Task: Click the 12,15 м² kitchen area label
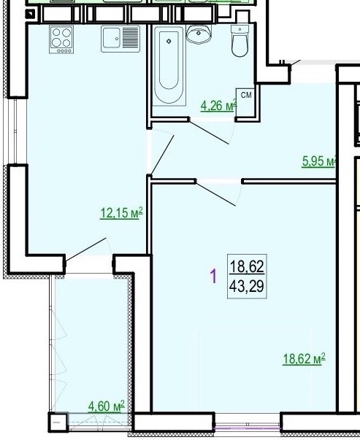[121, 213]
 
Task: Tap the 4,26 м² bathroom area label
[219, 106]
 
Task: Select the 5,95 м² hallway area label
[319, 161]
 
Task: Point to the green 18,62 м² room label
[304, 358]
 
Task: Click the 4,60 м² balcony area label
[106, 406]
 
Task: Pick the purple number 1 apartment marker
[214, 276]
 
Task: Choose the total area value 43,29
[247, 287]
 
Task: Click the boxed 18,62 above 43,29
[247, 266]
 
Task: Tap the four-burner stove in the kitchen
[61, 39]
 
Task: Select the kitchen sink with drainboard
[120, 39]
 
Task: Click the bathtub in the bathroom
[169, 66]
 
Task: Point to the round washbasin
[199, 34]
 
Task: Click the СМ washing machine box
[245, 102]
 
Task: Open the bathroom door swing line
[209, 132]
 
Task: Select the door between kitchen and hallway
[163, 155]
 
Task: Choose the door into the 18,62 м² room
[216, 194]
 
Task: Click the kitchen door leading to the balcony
[86, 249]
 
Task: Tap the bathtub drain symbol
[169, 42]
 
